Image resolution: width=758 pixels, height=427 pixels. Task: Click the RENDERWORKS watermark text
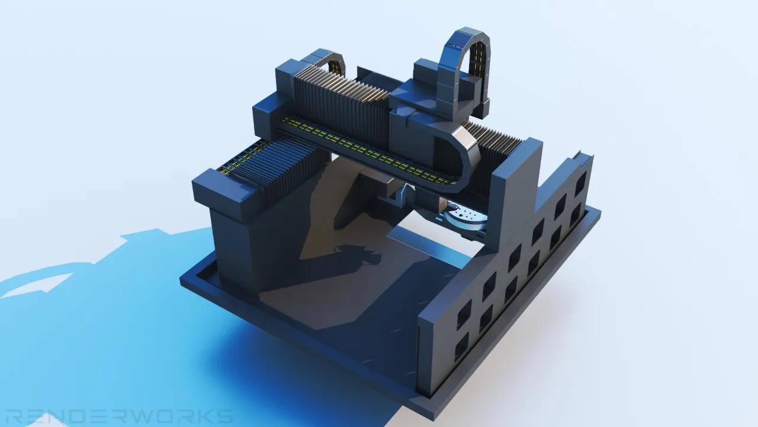120,416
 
